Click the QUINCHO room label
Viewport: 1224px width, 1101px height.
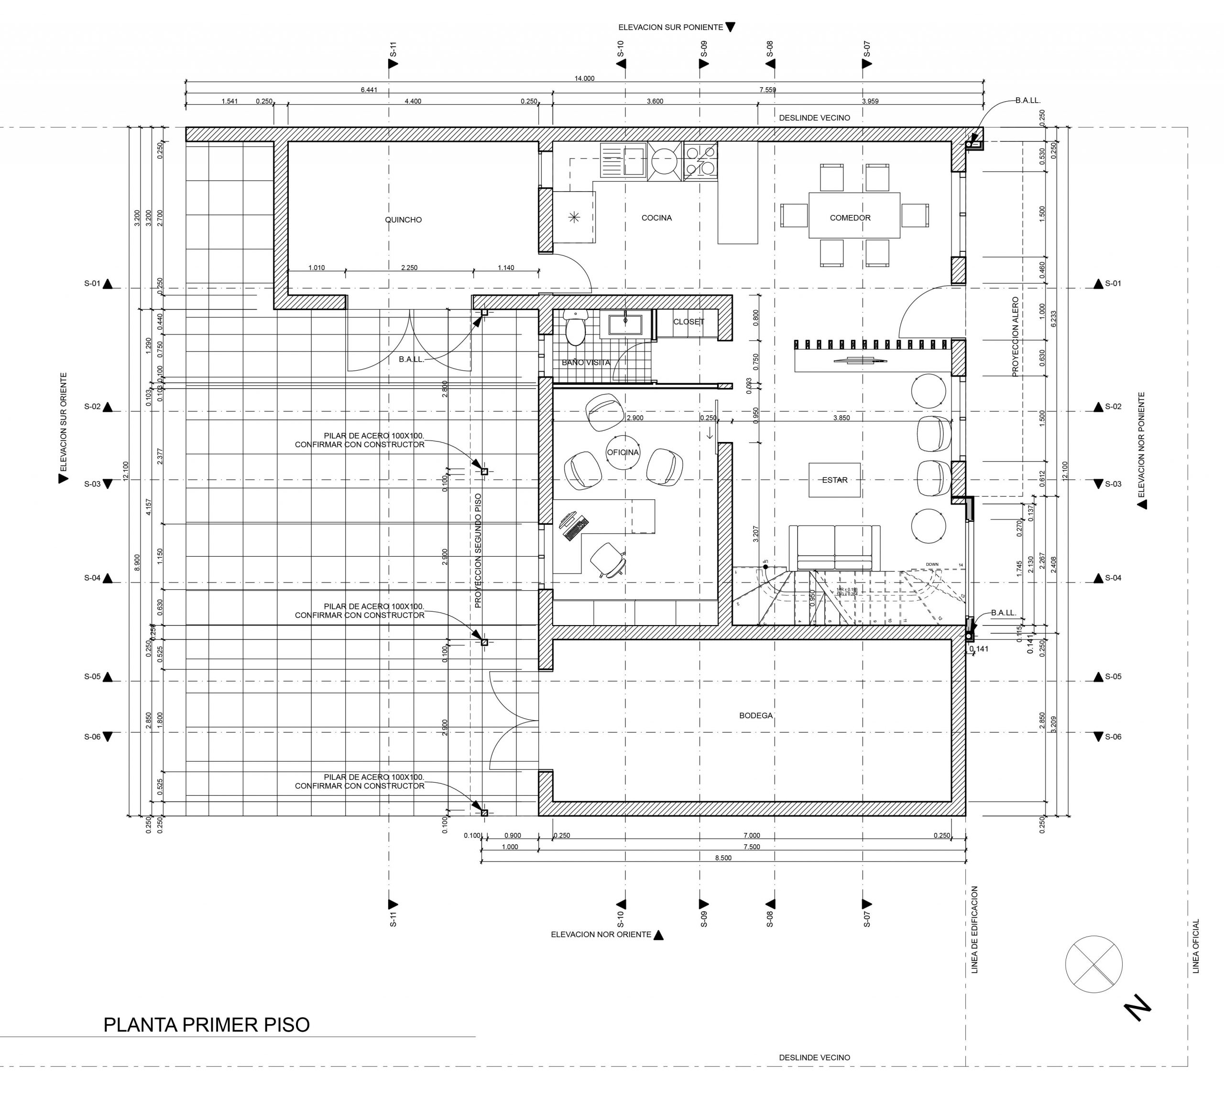click(x=403, y=220)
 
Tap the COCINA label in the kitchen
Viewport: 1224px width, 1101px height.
click(x=656, y=218)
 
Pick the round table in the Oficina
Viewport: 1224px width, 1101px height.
click(x=623, y=453)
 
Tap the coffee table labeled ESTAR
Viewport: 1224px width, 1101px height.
click(x=835, y=480)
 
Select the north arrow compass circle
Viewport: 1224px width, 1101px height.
click(x=1093, y=964)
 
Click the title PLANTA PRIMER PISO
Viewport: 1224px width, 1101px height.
click(x=207, y=1025)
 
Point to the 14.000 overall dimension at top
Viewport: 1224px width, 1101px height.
click(x=584, y=78)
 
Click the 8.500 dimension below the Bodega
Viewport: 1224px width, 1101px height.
click(x=723, y=858)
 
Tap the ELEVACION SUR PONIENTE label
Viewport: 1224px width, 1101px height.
click(x=671, y=27)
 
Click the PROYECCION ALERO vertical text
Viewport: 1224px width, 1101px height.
click(x=1015, y=336)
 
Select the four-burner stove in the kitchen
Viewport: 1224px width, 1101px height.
click(x=700, y=161)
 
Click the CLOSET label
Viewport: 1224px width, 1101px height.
click(x=688, y=322)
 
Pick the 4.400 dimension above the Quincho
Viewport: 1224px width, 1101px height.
click(x=413, y=101)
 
